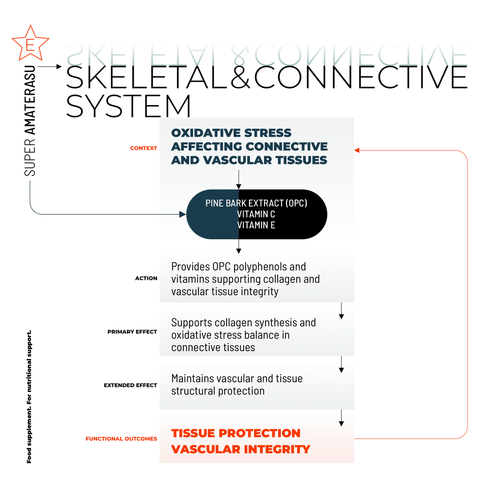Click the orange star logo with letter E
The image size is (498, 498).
pyautogui.click(x=31, y=43)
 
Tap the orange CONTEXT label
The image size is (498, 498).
pyautogui.click(x=143, y=148)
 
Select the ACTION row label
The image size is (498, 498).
pyautogui.click(x=146, y=278)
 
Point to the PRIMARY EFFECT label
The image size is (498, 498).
pyautogui.click(x=132, y=332)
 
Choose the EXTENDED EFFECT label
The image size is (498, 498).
pyautogui.click(x=130, y=385)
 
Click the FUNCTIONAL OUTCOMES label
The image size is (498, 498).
pyautogui.click(x=121, y=439)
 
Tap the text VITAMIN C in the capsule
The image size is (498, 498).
pyautogui.click(x=256, y=214)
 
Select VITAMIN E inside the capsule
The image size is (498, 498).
pyautogui.click(x=256, y=225)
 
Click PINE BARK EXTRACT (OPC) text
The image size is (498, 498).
pyautogui.click(x=256, y=203)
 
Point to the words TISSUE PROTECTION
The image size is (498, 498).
pyautogui.click(x=236, y=433)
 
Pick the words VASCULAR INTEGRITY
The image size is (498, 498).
pyautogui.click(x=241, y=449)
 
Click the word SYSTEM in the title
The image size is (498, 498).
pyautogui.click(x=128, y=106)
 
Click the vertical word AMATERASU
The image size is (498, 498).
pyautogui.click(x=30, y=100)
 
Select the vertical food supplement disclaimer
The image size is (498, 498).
pyautogui.click(x=29, y=397)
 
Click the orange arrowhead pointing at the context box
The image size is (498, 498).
pyautogui.click(x=356, y=150)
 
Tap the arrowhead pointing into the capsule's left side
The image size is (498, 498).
pyautogui.click(x=183, y=214)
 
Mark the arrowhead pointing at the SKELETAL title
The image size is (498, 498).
pyautogui.click(x=59, y=66)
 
